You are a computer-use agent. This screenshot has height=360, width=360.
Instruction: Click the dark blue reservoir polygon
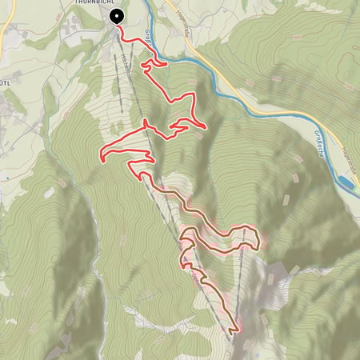[x=347, y=184]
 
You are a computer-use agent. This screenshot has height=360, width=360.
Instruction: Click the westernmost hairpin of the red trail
[x=102, y=154]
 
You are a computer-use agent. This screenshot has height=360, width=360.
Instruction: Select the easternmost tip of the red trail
[x=206, y=126]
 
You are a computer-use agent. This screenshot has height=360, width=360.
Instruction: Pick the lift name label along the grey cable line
[x=128, y=76]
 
